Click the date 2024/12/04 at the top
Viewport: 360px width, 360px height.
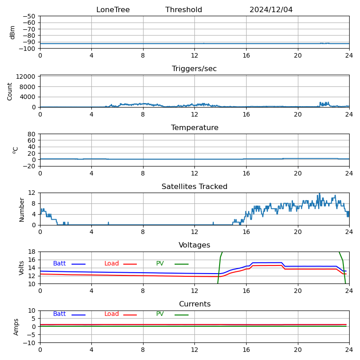click(271, 10)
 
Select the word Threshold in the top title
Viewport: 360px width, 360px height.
click(184, 10)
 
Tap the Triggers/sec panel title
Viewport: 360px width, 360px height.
click(194, 69)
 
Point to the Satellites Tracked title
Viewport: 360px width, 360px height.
click(194, 187)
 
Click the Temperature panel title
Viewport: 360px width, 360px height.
click(194, 128)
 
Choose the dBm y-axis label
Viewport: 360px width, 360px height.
click(13, 32)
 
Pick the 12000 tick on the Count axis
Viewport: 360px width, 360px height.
click(27, 76)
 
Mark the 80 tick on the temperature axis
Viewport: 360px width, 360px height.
click(32, 134)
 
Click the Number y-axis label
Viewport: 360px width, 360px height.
click(22, 209)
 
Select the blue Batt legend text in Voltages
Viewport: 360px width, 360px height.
click(59, 264)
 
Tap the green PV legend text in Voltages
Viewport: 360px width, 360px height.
click(160, 264)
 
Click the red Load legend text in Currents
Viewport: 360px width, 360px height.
click(112, 314)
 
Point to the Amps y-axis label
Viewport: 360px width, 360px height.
click(16, 327)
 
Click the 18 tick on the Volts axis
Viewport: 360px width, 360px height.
click(32, 252)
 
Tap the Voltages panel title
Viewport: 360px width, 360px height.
click(194, 245)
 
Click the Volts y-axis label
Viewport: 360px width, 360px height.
click(22, 268)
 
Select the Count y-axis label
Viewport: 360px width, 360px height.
click(10, 91)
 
